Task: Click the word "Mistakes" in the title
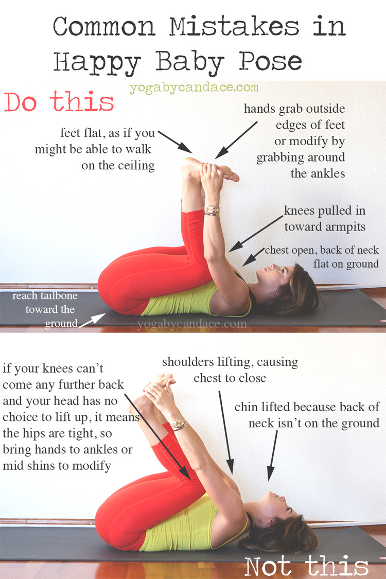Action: pyautogui.click(x=234, y=27)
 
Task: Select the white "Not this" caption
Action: pyautogui.click(x=307, y=566)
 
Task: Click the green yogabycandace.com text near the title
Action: pyautogui.click(x=194, y=88)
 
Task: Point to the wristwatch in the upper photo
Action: pyautogui.click(x=212, y=210)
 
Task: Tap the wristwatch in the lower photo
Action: pyautogui.click(x=179, y=424)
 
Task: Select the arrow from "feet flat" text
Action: pyautogui.click(x=174, y=142)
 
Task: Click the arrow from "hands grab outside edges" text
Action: pyautogui.click(x=236, y=141)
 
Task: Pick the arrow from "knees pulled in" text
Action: pyautogui.click(x=256, y=234)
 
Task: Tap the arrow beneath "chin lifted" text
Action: pyautogui.click(x=273, y=455)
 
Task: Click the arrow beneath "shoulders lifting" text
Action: pyautogui.click(x=226, y=432)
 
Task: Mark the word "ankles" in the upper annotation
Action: pyautogui.click(x=326, y=173)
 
